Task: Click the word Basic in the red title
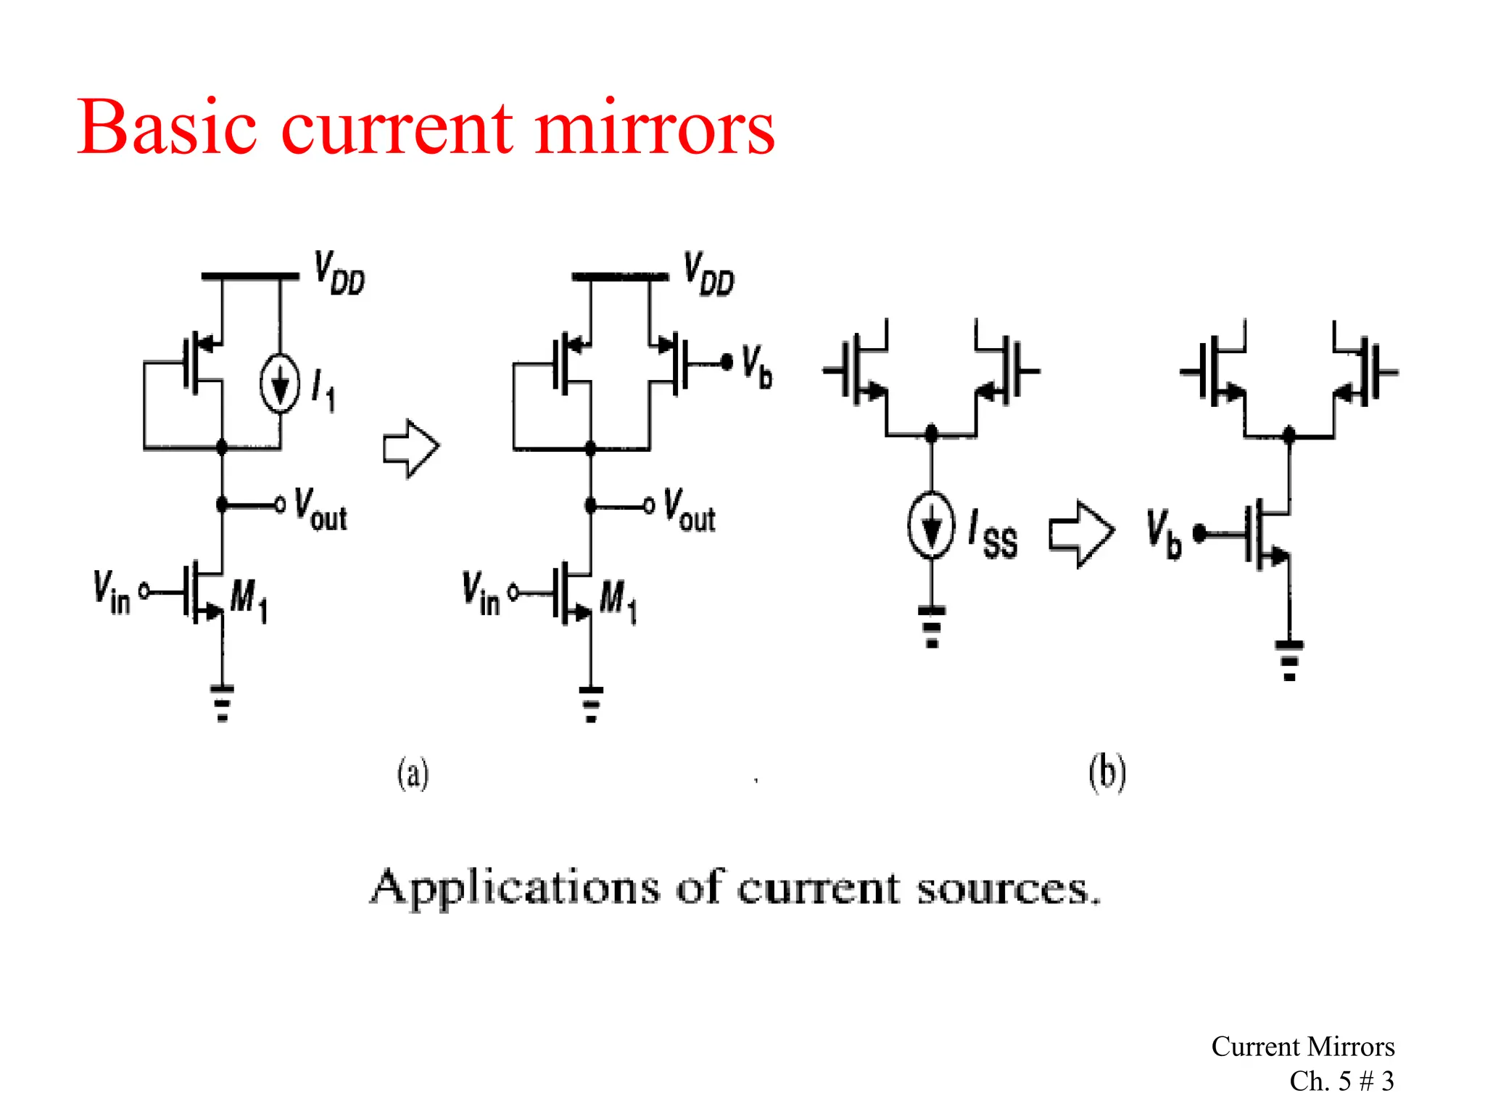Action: click(x=167, y=128)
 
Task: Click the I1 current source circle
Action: click(x=280, y=384)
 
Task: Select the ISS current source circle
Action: click(x=931, y=525)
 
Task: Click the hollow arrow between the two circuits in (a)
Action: click(x=410, y=448)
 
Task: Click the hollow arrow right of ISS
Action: click(x=1080, y=534)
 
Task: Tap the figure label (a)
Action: click(x=413, y=773)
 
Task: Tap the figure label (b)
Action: click(x=1106, y=773)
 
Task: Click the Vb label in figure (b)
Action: click(x=1163, y=534)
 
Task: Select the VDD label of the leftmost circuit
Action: click(x=339, y=273)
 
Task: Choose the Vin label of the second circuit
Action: click(x=481, y=593)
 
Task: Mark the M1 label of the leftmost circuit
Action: click(x=249, y=601)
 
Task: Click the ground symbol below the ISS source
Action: click(x=932, y=626)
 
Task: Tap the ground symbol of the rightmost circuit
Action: click(x=1289, y=659)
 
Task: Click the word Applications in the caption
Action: click(x=515, y=887)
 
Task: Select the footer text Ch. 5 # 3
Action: click(x=1341, y=1081)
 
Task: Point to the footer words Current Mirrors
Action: click(x=1302, y=1047)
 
